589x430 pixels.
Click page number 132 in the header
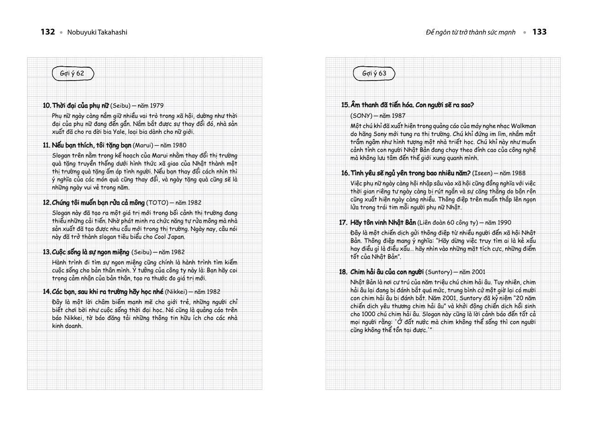click(48, 32)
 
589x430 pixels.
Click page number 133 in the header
click(539, 32)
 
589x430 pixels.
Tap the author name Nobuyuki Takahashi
click(97, 32)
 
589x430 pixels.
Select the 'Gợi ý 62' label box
click(73, 73)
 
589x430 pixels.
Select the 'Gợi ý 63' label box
click(374, 73)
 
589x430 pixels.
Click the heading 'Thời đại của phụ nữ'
click(80, 105)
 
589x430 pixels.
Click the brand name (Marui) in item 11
click(143, 145)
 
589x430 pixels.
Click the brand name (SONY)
click(361, 116)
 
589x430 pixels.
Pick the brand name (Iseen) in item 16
click(482, 173)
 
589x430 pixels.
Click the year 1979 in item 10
click(156, 105)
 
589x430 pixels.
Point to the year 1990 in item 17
click(503, 222)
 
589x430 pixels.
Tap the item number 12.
click(46, 203)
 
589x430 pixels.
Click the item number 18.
click(343, 272)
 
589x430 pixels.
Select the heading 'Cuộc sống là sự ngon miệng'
click(91, 252)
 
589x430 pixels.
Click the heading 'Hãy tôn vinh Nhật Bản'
click(383, 222)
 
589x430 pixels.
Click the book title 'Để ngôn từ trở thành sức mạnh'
click(471, 32)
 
